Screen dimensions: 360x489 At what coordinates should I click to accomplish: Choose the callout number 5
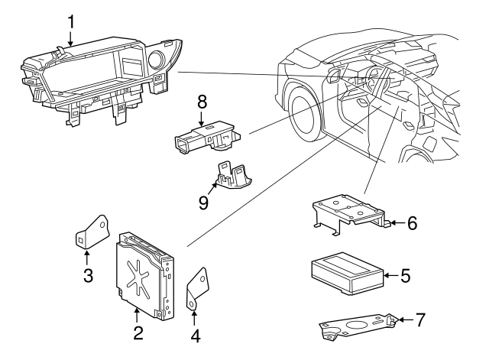pos(406,274)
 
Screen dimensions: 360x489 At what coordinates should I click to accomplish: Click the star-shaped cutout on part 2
pos(139,277)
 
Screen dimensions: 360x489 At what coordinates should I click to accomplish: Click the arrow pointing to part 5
pos(389,274)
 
